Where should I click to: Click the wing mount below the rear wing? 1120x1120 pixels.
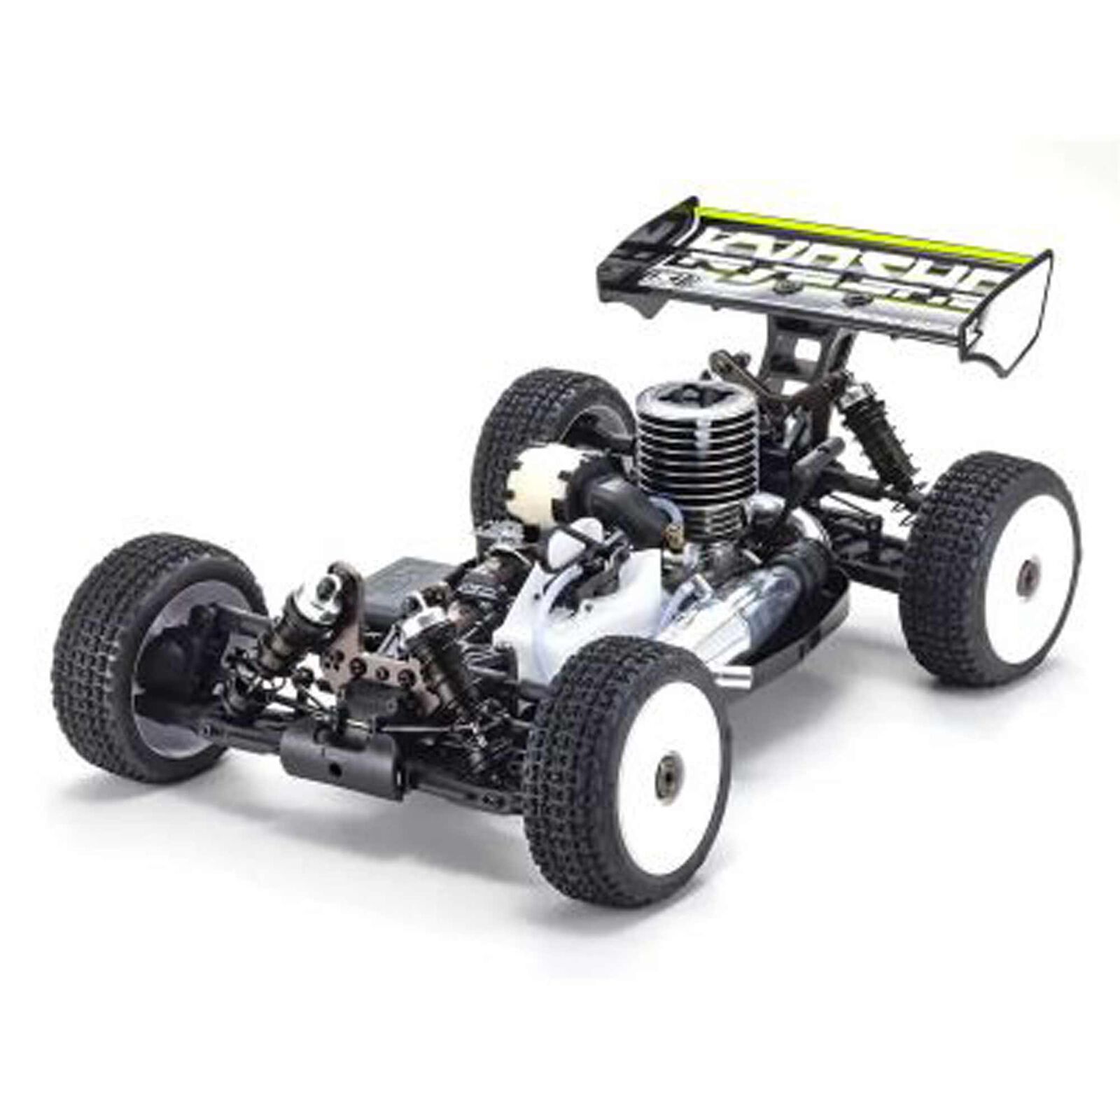pos(805,364)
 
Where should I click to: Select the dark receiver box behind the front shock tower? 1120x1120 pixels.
pos(406,581)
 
